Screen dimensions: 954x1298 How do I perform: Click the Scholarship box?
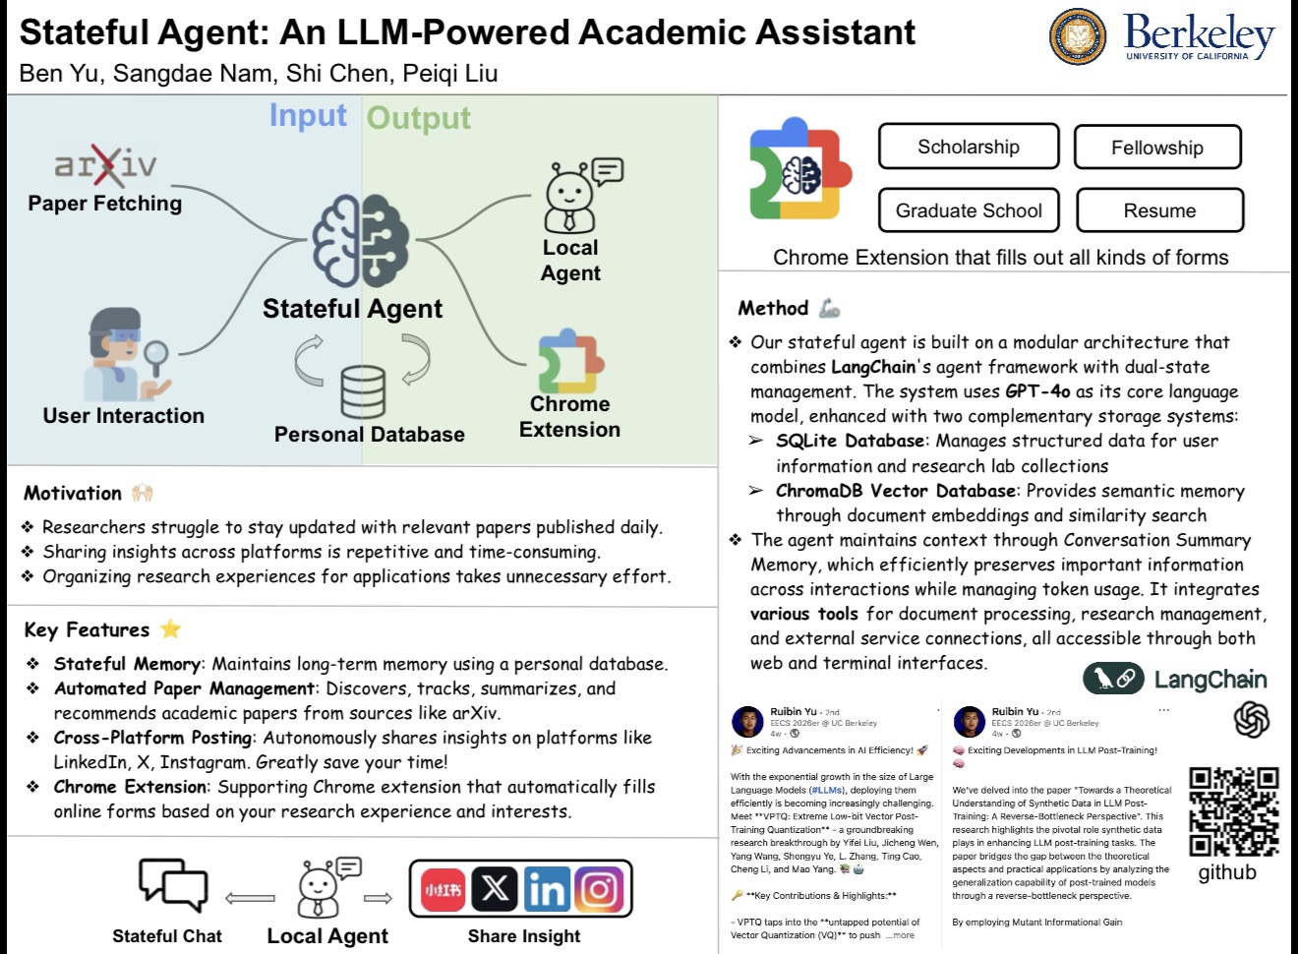(x=969, y=147)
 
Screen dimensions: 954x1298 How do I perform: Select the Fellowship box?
(x=1157, y=148)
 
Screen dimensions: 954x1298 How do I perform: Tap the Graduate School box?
(x=969, y=210)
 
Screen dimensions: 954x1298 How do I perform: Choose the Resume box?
(x=1160, y=210)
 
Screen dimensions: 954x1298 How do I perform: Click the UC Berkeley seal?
(x=1078, y=36)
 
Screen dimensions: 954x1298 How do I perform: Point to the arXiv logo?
(x=105, y=165)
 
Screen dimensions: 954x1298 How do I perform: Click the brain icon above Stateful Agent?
(x=361, y=241)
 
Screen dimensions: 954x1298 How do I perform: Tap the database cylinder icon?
(x=363, y=391)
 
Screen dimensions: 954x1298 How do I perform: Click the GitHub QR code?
(x=1234, y=811)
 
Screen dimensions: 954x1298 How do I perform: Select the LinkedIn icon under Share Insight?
(x=546, y=890)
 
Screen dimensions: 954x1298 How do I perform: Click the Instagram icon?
(x=599, y=890)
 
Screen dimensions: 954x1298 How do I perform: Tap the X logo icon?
(x=495, y=890)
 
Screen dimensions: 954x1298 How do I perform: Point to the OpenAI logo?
(x=1252, y=719)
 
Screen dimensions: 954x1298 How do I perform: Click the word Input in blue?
(x=308, y=116)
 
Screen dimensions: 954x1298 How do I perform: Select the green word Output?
(x=419, y=118)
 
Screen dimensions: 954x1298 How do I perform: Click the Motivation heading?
(x=73, y=493)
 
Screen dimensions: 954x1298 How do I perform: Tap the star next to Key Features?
(x=170, y=629)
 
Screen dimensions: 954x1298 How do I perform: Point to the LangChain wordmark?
(x=1209, y=679)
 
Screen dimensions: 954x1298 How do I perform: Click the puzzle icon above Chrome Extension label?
(x=570, y=361)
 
